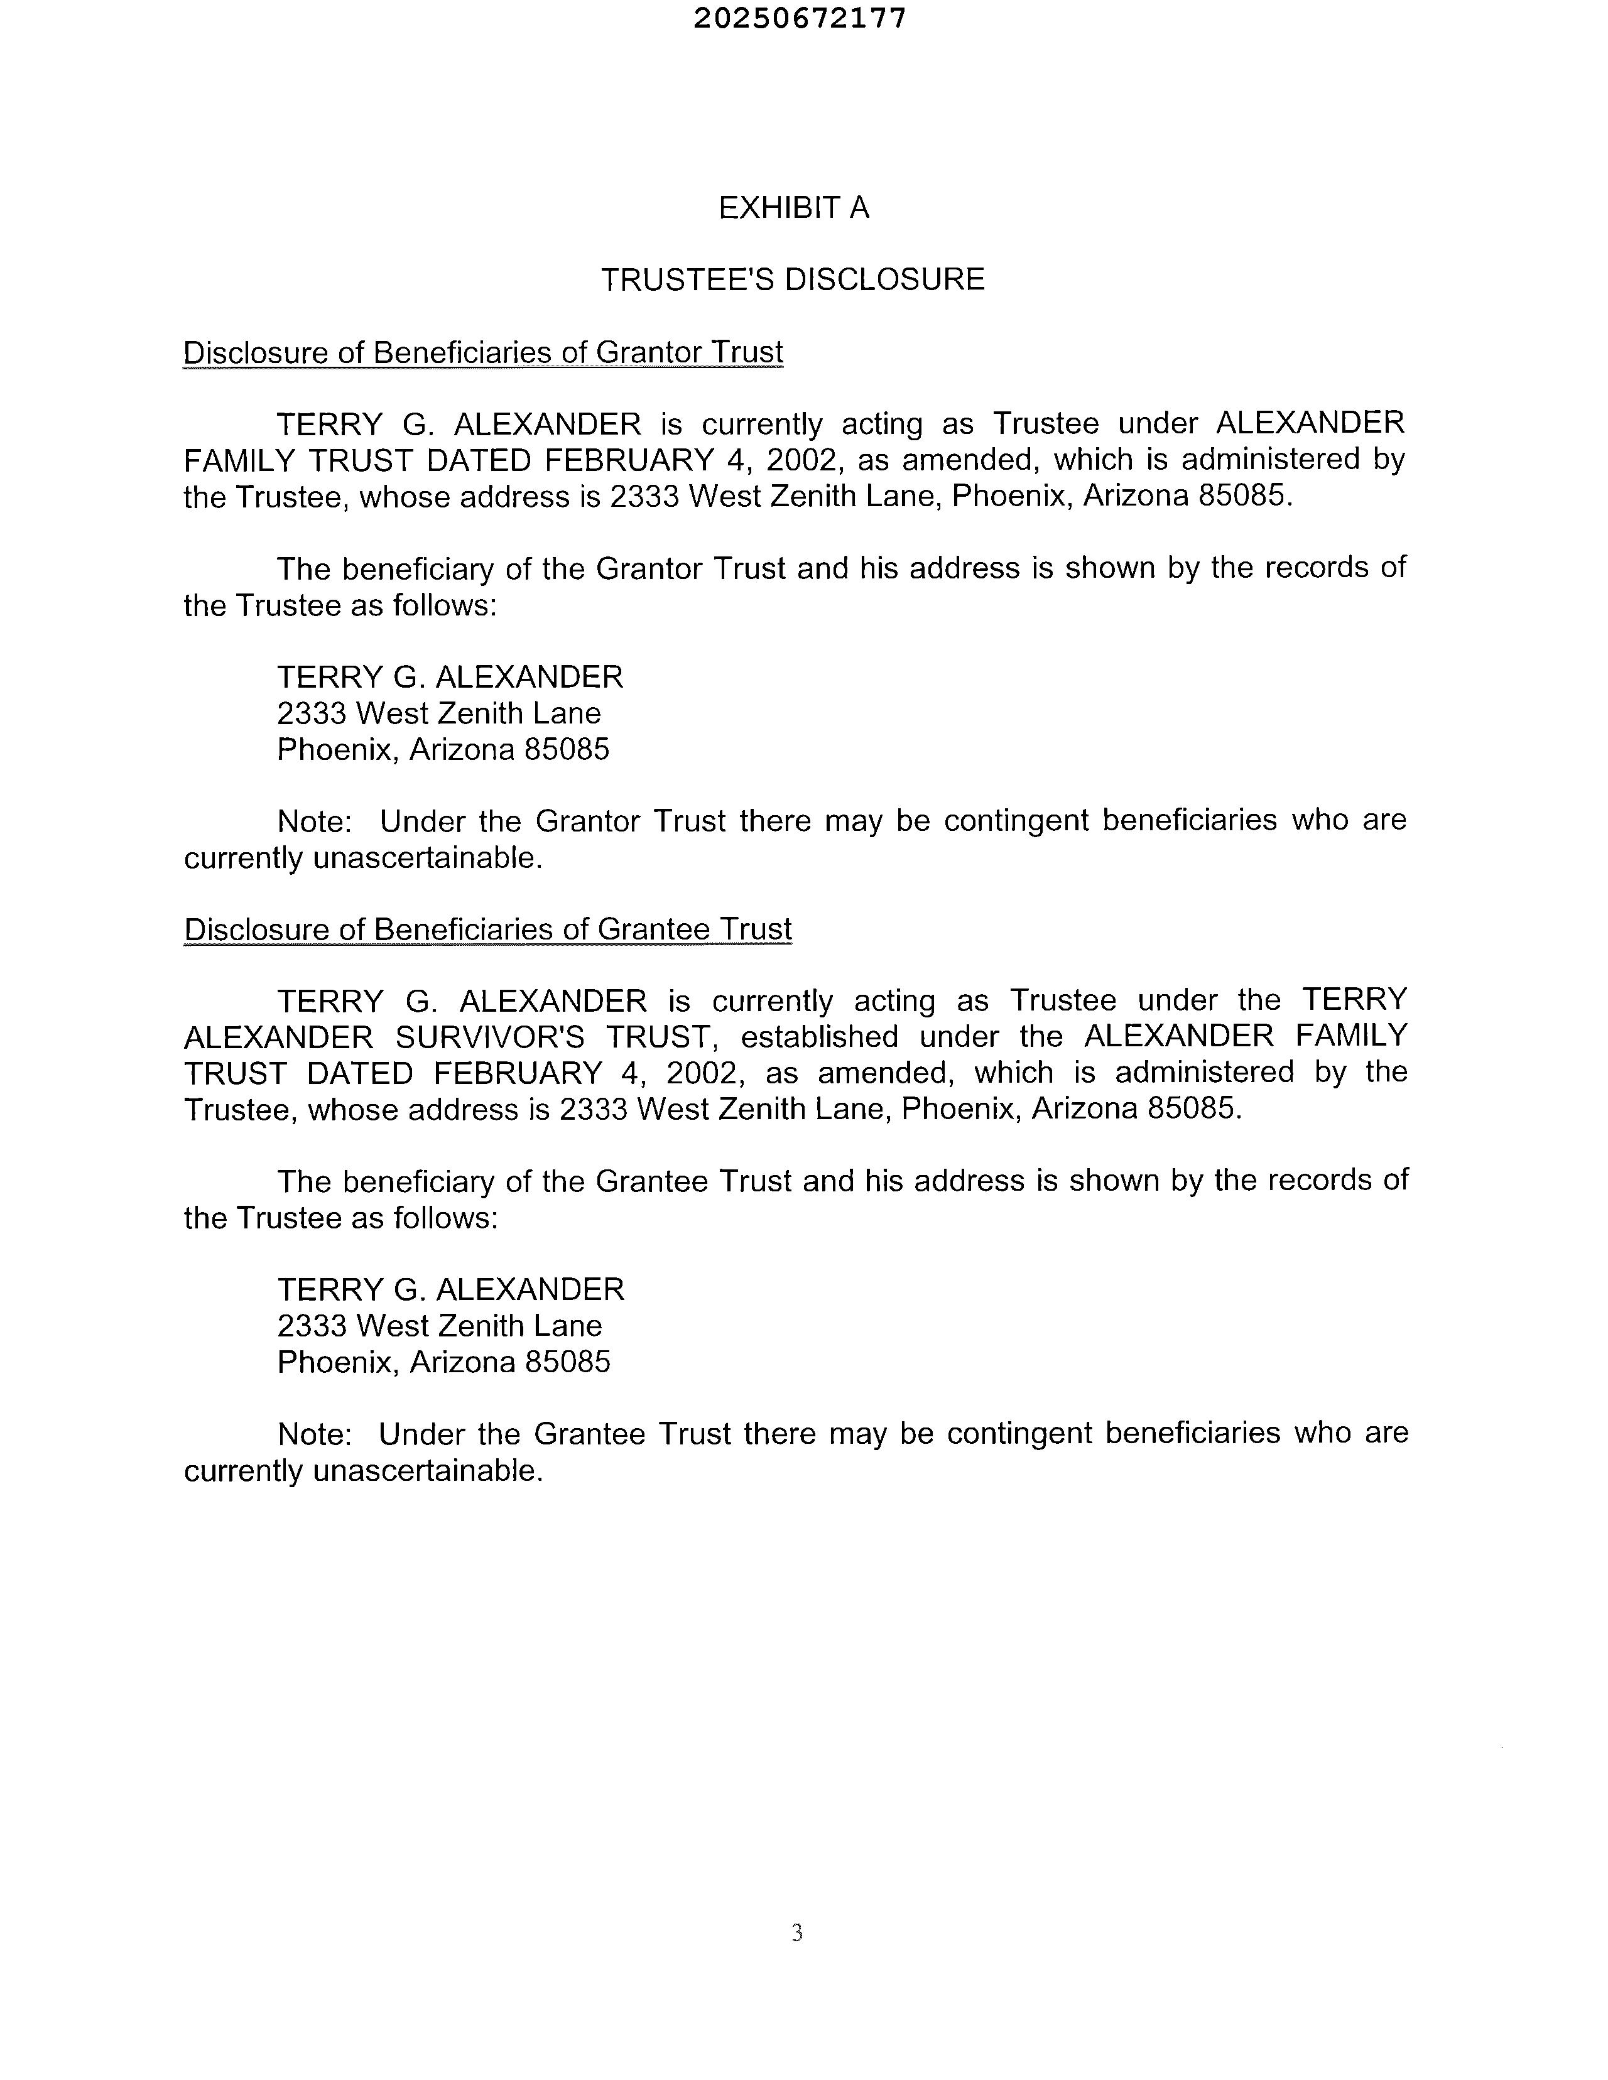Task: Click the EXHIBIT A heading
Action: (x=793, y=208)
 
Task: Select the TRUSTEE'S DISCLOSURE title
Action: (x=793, y=279)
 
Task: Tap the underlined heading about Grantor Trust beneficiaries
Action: (x=483, y=352)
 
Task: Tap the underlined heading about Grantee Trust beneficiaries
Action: (x=487, y=929)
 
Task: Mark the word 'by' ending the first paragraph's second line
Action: (x=1388, y=460)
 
